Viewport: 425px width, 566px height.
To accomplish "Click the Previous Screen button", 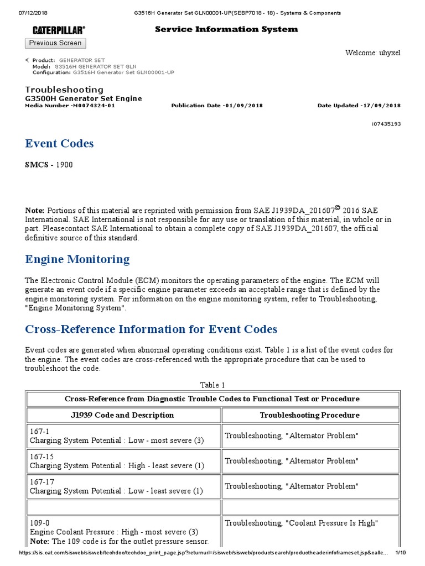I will tap(55, 43).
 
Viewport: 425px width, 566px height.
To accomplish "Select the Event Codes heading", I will tap(59, 144).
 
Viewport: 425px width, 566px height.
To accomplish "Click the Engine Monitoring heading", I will tap(77, 259).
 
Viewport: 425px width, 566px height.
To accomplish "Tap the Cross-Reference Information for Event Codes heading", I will tap(151, 329).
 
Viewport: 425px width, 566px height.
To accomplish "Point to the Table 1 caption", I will tap(212, 385).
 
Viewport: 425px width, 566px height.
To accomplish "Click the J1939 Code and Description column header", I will tap(124, 415).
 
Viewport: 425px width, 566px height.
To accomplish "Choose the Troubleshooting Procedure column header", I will tap(309, 415).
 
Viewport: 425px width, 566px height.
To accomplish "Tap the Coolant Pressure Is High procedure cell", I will tap(301, 523).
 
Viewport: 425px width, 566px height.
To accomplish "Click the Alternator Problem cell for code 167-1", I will tap(292, 436).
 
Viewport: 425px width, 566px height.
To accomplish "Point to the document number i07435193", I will tap(386, 124).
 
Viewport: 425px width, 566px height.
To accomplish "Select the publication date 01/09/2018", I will tap(243, 106).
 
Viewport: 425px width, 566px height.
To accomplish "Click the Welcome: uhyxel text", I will tap(372, 53).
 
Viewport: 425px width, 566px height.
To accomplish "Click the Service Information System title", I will tap(226, 29).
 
